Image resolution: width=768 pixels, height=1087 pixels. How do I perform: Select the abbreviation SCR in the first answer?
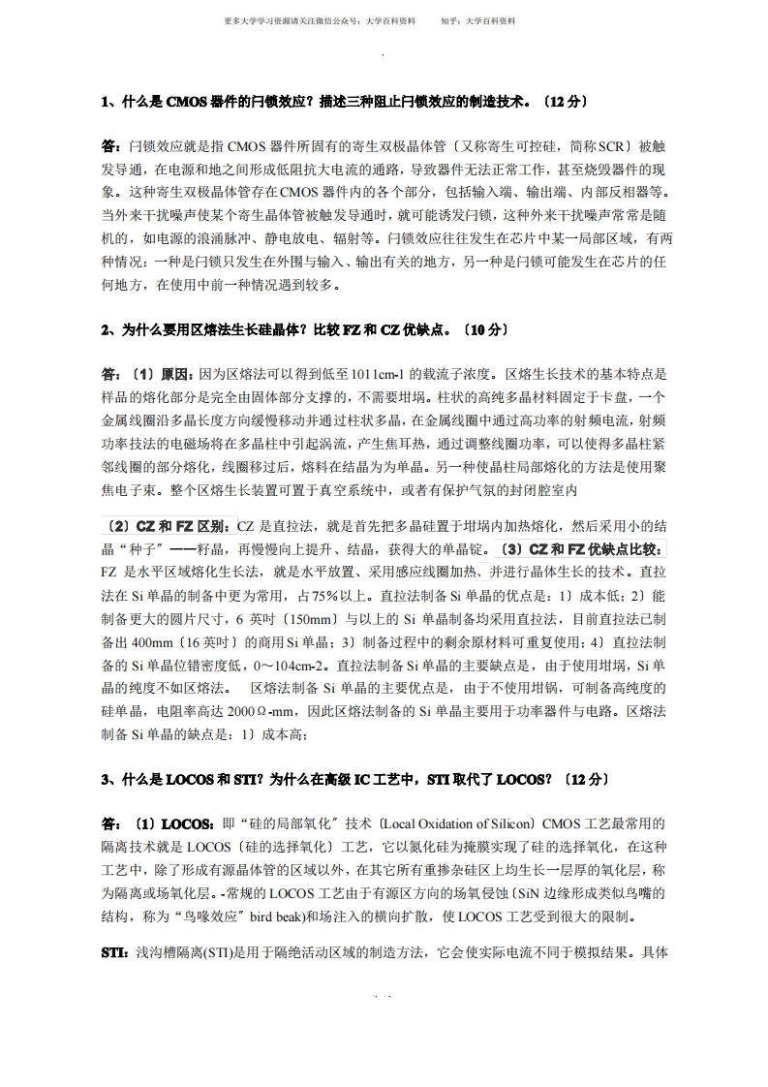612,146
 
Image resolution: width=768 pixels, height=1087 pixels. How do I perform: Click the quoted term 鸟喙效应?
195,916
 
